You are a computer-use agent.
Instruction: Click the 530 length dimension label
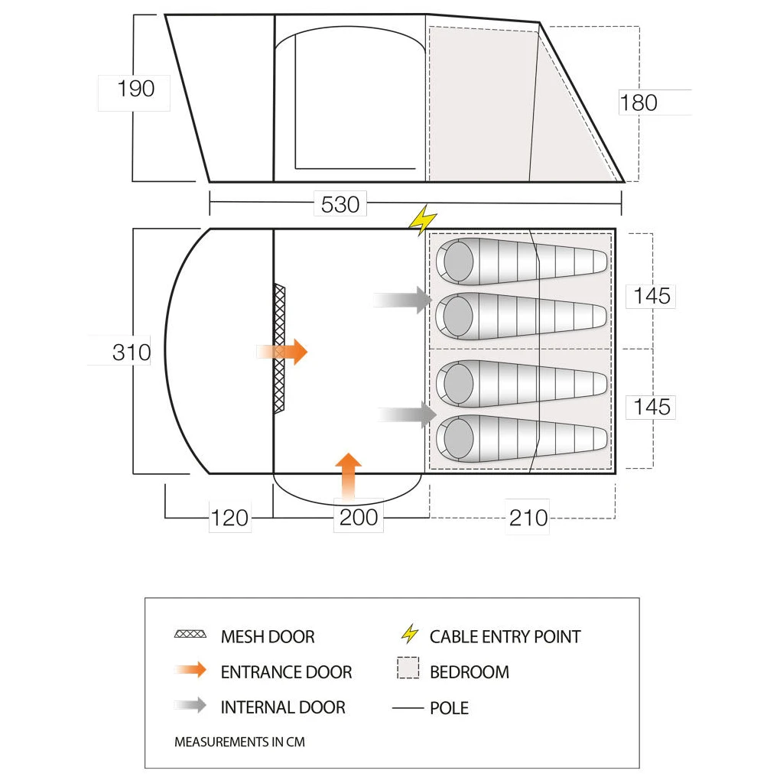(340, 204)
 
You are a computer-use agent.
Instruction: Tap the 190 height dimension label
(136, 89)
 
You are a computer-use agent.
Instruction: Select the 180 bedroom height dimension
(639, 103)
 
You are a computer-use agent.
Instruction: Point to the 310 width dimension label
(132, 353)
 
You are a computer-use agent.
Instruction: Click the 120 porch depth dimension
(229, 518)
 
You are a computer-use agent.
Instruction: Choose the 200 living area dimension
(359, 518)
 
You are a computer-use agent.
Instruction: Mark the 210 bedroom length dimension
(528, 518)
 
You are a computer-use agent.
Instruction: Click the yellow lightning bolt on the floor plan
(423, 219)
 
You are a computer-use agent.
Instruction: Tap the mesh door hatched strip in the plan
(280, 348)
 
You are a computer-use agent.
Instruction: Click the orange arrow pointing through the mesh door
(282, 352)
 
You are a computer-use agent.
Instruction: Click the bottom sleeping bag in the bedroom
(522, 438)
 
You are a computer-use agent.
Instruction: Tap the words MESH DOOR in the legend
(268, 637)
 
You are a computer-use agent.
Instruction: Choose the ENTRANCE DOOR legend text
(287, 672)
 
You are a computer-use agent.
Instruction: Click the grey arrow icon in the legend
(190, 705)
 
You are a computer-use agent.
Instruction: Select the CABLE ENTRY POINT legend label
(505, 637)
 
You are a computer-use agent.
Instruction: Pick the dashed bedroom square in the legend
(408, 668)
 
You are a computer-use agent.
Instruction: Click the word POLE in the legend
(449, 708)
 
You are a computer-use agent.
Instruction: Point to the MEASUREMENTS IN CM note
(240, 742)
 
